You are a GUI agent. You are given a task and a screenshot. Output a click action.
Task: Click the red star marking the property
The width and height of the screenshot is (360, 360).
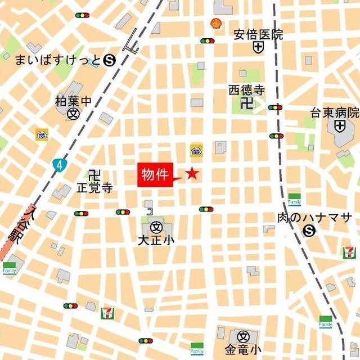coord(192,174)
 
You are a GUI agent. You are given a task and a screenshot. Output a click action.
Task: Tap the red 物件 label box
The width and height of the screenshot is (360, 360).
coord(155,174)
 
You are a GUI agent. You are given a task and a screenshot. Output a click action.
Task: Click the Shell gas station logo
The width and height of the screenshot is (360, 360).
coord(215,23)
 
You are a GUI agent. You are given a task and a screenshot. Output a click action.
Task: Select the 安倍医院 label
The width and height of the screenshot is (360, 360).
coord(258,35)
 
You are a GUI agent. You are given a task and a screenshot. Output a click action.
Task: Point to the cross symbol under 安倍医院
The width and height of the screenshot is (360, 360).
coord(258,48)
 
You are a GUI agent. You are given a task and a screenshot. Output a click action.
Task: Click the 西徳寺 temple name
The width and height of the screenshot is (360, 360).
coord(246,90)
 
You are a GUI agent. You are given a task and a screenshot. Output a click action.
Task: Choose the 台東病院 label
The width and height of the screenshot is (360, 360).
coord(335,112)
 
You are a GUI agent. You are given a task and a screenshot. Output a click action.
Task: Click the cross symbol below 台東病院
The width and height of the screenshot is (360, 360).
coord(339,126)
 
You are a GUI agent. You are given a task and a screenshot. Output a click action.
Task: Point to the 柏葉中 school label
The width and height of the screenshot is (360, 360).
coord(73,101)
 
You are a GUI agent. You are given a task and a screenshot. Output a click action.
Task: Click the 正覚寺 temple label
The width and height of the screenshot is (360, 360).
coord(94,187)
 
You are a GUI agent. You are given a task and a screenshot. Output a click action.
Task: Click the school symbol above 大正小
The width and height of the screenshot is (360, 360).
coord(156,228)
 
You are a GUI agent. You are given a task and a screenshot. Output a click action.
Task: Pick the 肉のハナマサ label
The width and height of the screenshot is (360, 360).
coord(314,217)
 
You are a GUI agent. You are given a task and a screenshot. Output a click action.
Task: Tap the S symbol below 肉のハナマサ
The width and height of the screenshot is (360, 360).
coord(309,230)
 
